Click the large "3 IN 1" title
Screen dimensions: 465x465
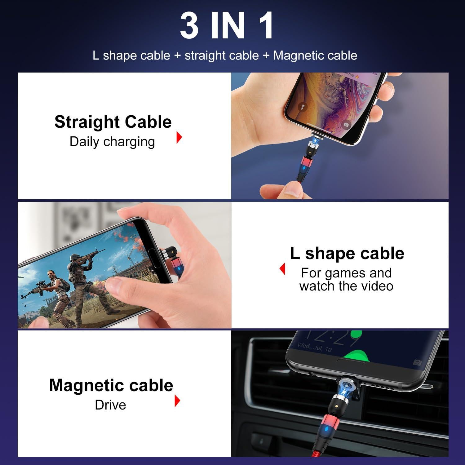[227, 25]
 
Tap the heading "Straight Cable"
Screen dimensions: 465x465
[113, 122]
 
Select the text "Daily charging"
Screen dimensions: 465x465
[112, 142]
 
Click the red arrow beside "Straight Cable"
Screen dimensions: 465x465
[179, 137]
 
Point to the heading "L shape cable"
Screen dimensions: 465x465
[347, 253]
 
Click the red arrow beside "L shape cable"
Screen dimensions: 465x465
[282, 268]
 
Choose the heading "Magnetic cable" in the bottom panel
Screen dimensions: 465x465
[111, 385]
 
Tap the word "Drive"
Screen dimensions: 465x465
[110, 405]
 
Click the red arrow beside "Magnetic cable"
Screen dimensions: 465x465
[177, 401]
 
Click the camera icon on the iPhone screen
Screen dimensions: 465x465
[346, 125]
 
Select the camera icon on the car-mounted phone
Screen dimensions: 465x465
[417, 362]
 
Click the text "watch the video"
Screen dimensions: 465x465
[346, 286]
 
